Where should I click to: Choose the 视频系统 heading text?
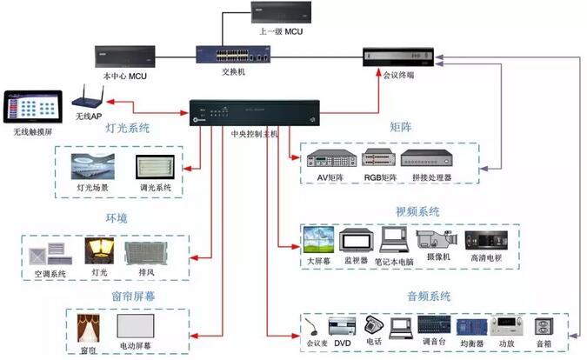click(x=417, y=211)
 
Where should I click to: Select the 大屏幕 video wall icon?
click(x=314, y=239)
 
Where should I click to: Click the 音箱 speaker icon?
click(x=545, y=327)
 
